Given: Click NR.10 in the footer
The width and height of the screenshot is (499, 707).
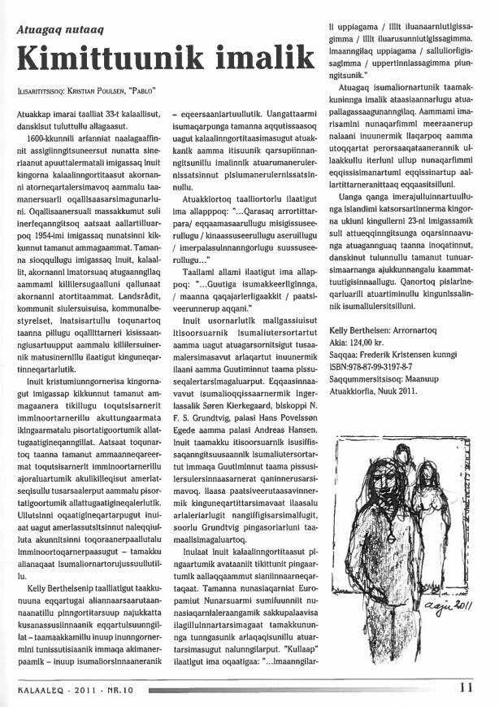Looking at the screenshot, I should tap(116, 688).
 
